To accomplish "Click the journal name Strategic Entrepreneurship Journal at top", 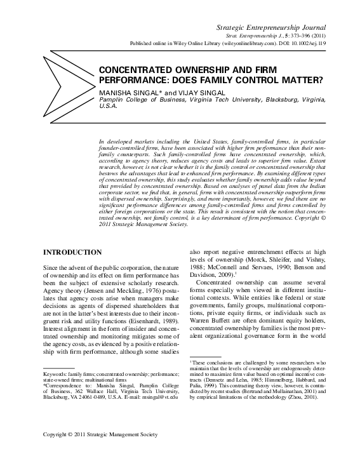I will [271, 28].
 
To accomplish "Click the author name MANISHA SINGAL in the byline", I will [125, 93].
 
